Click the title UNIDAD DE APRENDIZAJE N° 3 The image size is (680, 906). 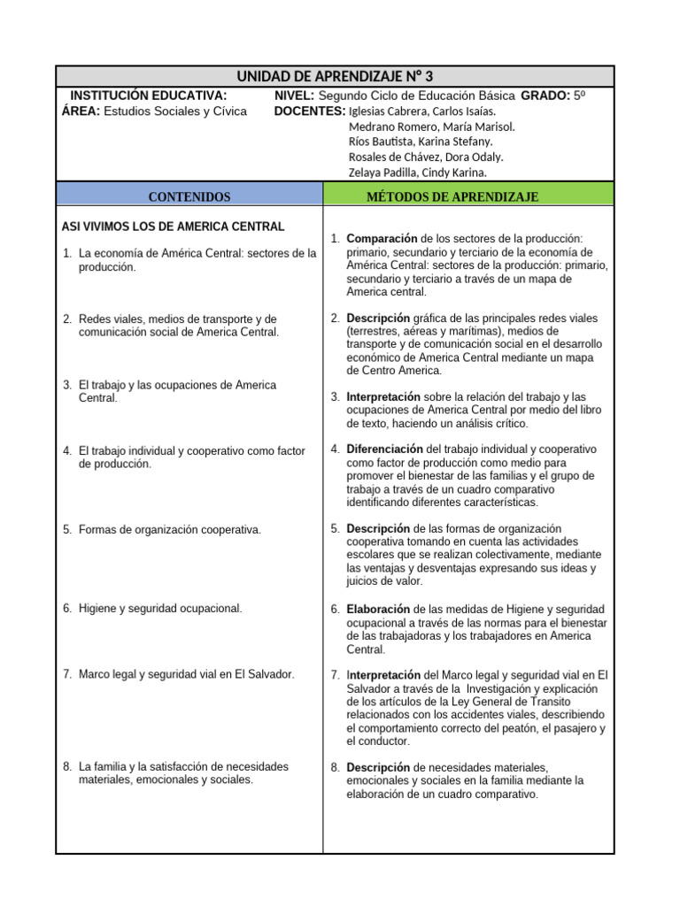(x=335, y=76)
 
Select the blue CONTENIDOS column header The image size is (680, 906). (x=189, y=196)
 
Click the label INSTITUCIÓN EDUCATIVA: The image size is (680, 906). (x=148, y=96)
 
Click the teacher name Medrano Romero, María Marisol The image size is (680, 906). (x=431, y=127)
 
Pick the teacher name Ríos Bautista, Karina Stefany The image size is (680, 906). (x=421, y=142)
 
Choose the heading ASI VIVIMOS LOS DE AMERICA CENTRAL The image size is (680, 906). (x=172, y=226)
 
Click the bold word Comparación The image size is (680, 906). (x=382, y=239)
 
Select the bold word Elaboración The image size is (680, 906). (x=378, y=610)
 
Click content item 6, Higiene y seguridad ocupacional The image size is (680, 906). (x=160, y=609)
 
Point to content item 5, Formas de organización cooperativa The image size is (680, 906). (x=169, y=529)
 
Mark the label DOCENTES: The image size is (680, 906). (x=310, y=111)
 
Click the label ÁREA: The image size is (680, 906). (x=81, y=111)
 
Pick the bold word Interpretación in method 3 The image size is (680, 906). (x=384, y=397)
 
